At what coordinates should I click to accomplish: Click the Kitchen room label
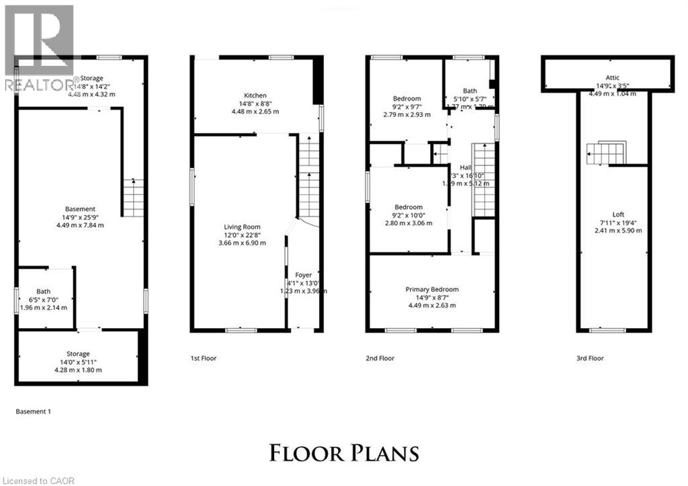pos(255,96)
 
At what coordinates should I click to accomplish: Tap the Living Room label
pos(242,227)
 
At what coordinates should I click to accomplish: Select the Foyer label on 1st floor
pos(303,275)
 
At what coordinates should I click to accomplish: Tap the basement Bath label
pos(43,292)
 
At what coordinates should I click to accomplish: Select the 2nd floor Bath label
pos(470,91)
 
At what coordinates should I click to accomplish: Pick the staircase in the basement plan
pos(133,198)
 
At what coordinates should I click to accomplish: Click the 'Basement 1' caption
pos(33,411)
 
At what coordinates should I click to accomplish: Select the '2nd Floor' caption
pos(380,358)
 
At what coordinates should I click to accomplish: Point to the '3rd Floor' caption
pos(591,358)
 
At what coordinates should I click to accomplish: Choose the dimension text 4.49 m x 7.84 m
pos(80,225)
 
